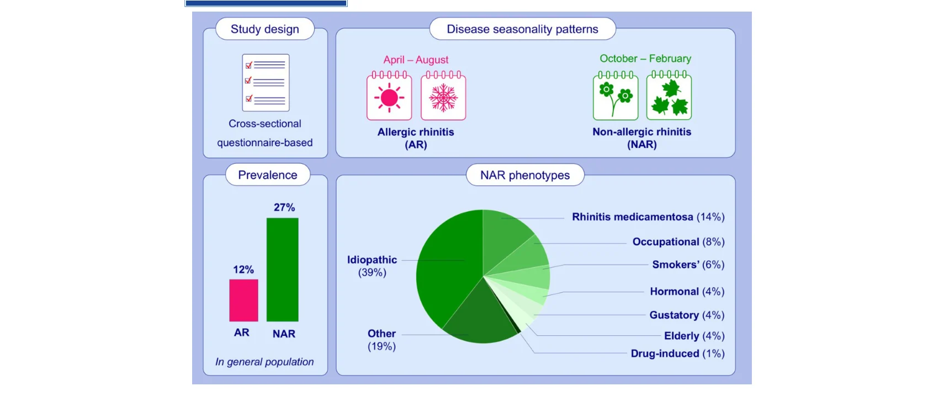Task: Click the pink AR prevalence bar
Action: click(243, 300)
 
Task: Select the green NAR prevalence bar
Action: click(282, 270)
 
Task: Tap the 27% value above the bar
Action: click(284, 207)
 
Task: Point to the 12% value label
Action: click(243, 270)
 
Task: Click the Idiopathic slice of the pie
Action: click(447, 265)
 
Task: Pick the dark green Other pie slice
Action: click(480, 316)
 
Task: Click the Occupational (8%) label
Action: click(678, 242)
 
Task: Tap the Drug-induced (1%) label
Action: click(678, 353)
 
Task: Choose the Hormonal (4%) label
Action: click(687, 291)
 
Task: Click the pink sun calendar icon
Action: click(389, 95)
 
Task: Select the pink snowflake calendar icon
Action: click(443, 95)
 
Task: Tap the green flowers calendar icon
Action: click(616, 95)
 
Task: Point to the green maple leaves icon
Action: click(669, 95)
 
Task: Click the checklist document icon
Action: click(266, 83)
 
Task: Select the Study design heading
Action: click(264, 29)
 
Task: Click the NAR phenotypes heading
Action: click(525, 175)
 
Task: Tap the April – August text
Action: click(416, 60)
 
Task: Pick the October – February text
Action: click(645, 58)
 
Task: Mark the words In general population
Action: click(264, 362)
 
